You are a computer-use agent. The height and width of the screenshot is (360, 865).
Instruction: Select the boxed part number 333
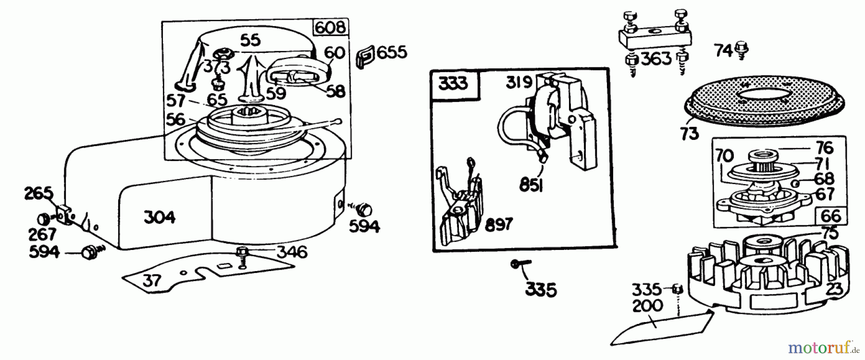tap(453, 84)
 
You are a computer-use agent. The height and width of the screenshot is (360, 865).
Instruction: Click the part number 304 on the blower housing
tap(160, 217)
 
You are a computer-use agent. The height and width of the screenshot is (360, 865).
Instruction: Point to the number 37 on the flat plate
tap(152, 280)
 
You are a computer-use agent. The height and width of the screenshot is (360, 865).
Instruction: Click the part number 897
tap(498, 224)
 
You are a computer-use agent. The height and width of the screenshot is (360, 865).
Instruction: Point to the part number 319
tap(518, 83)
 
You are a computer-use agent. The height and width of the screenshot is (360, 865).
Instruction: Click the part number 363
tap(656, 59)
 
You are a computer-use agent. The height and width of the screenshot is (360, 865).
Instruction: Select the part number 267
tap(41, 235)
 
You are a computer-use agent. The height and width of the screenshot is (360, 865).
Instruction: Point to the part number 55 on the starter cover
tap(250, 40)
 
